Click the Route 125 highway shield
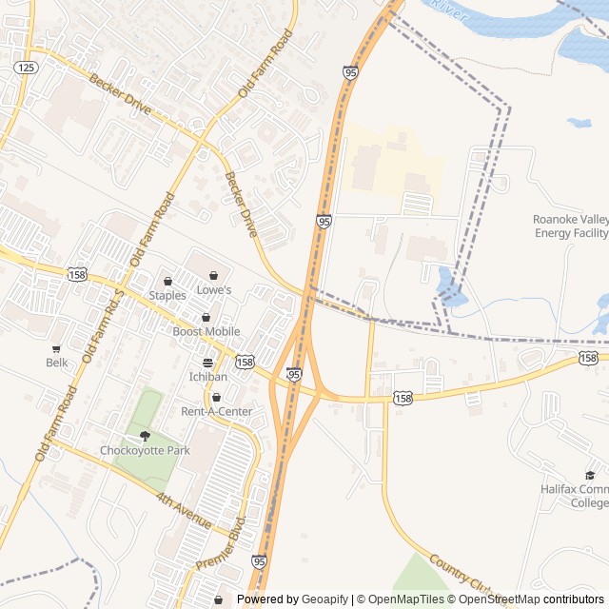27,67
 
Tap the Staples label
167,295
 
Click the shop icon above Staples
167,281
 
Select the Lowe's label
213,289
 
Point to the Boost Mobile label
206,331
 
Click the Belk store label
57,363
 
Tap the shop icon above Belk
57,348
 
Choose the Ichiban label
207,377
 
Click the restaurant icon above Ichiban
207,363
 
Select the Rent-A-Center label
217,411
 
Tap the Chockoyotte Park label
146,450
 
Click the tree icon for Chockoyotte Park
146,436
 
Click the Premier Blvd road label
221,544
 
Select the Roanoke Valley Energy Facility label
570,226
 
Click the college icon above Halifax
590,475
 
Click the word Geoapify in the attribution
324,599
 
